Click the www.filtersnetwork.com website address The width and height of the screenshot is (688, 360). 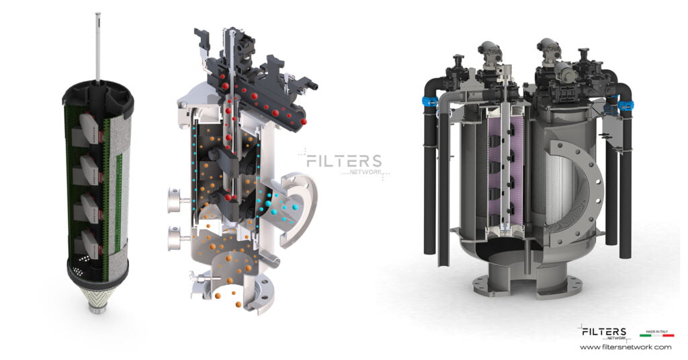tap(625, 347)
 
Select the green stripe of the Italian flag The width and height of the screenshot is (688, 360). tap(646, 335)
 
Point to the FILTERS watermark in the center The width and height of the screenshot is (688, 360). tap(343, 162)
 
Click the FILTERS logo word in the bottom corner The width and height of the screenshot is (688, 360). tap(603, 332)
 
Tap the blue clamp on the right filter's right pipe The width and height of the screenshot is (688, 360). tap(626, 105)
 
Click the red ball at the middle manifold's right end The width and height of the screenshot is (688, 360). tap(304, 121)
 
